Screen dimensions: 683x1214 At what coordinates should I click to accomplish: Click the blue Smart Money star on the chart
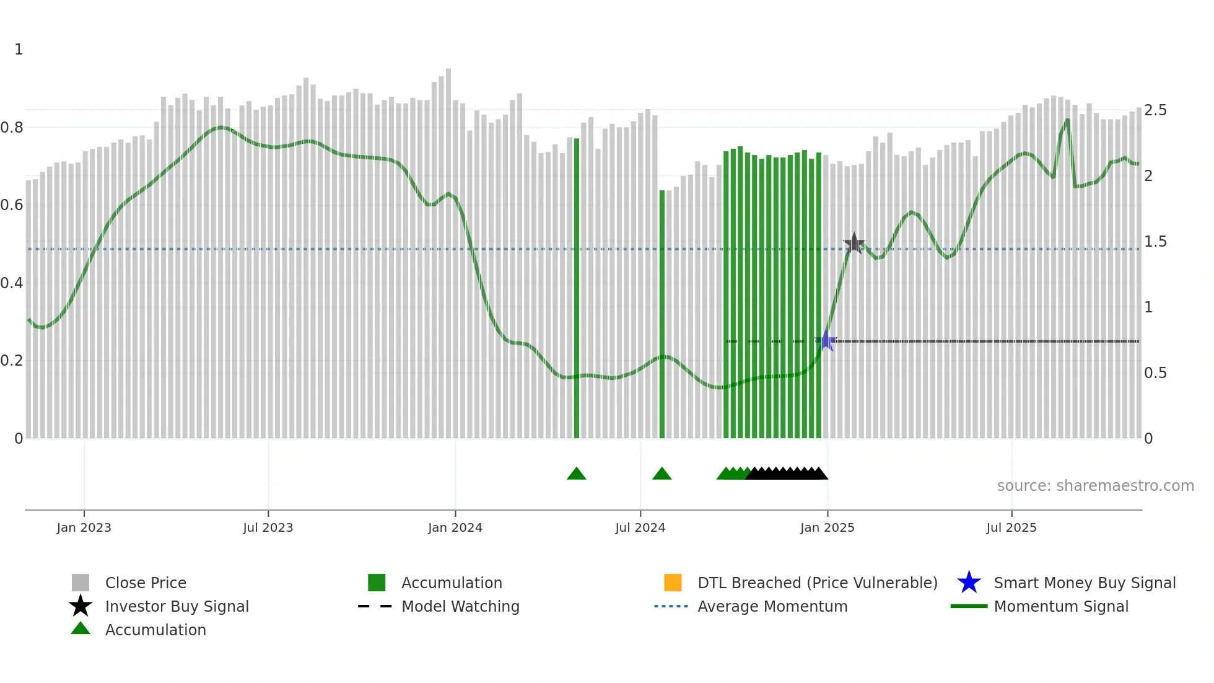pos(826,341)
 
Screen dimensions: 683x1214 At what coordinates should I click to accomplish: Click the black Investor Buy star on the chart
pos(854,244)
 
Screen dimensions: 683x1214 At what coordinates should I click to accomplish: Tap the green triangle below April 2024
pos(577,474)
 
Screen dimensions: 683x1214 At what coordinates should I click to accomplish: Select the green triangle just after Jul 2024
pos(662,474)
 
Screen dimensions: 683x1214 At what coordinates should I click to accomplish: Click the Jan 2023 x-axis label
pos(84,527)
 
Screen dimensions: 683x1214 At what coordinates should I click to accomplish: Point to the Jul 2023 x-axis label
pos(268,527)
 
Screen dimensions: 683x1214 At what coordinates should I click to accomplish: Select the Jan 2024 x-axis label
pos(455,527)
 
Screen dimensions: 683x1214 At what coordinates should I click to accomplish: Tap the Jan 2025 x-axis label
pos(827,527)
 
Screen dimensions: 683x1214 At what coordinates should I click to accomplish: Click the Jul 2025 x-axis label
pos(1011,527)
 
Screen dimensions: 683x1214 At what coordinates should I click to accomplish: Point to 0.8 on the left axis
pos(12,128)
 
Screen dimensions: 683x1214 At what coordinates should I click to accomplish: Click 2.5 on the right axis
pos(1155,110)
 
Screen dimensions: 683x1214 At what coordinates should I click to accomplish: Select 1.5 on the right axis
pos(1155,242)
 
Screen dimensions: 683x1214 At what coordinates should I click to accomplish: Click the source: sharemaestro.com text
pos(1095,486)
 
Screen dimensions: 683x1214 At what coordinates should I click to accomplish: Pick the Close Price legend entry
pos(146,583)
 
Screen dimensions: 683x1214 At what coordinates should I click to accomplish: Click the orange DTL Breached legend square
pos(673,583)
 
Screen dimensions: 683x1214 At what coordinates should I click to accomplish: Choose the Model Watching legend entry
pos(460,606)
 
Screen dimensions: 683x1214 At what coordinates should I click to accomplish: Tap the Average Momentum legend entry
pos(772,606)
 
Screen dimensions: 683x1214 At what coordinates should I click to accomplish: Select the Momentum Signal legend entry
pos(1061,606)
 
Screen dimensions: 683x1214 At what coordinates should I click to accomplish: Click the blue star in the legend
pos(969,583)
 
